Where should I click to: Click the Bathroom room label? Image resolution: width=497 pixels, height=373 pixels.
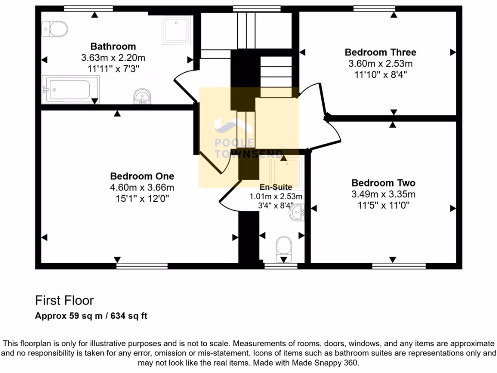pyautogui.click(x=113, y=47)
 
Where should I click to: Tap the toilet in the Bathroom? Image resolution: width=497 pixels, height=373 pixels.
pyautogui.click(x=55, y=29)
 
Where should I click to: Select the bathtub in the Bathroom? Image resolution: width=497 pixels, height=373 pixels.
pyautogui.click(x=70, y=89)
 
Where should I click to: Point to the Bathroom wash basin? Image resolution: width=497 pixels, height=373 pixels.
pyautogui.click(x=142, y=97)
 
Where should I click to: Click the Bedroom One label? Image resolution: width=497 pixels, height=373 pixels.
pyautogui.click(x=142, y=176)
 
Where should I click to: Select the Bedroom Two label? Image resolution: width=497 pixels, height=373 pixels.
pyautogui.click(x=383, y=183)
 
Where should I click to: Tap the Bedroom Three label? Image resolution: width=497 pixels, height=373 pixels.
pyautogui.click(x=380, y=52)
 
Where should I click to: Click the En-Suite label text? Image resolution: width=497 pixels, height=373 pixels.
pyautogui.click(x=276, y=186)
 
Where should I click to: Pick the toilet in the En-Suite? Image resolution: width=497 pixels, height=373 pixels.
pyautogui.click(x=282, y=246)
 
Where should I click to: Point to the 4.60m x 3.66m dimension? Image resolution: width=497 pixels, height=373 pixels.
pyautogui.click(x=142, y=187)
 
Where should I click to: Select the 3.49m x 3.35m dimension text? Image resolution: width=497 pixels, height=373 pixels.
pyautogui.click(x=383, y=194)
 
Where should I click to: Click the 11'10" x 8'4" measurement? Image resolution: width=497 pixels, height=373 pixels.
pyautogui.click(x=380, y=74)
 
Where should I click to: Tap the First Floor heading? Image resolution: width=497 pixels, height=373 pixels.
pyautogui.click(x=64, y=300)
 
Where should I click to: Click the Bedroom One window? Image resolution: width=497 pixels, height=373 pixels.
pyautogui.click(x=142, y=266)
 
